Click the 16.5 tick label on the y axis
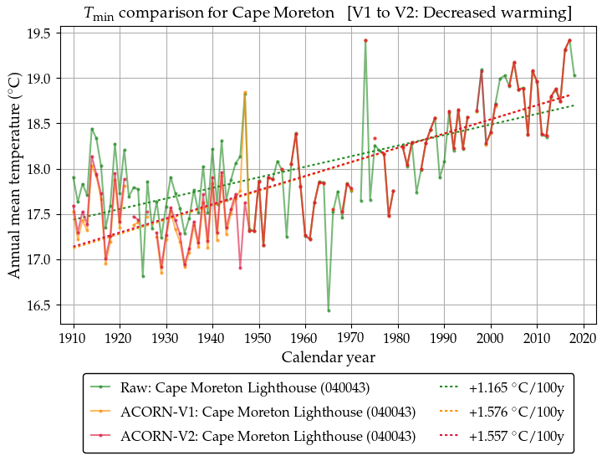42,305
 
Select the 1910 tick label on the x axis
74,337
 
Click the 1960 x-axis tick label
305,337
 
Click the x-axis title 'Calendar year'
328,357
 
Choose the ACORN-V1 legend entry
268,412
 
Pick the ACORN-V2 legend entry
268,436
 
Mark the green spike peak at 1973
365,40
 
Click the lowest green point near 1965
329,310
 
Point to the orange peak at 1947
245,93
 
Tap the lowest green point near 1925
143,276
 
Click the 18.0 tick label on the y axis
42,169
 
